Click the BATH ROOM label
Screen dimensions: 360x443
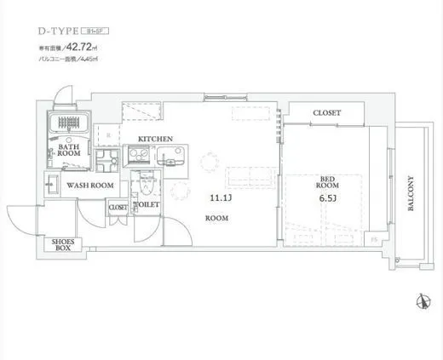pos(70,151)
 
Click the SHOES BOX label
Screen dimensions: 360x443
pos(64,244)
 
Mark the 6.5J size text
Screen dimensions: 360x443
pos(327,199)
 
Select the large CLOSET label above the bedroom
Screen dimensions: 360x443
pos(326,112)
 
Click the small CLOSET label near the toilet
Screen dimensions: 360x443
pos(118,207)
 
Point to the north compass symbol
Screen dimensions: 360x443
pos(420,300)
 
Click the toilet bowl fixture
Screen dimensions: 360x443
pos(145,186)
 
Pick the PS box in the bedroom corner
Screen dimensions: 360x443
pos(374,239)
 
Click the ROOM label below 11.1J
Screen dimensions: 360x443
pos(216,219)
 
